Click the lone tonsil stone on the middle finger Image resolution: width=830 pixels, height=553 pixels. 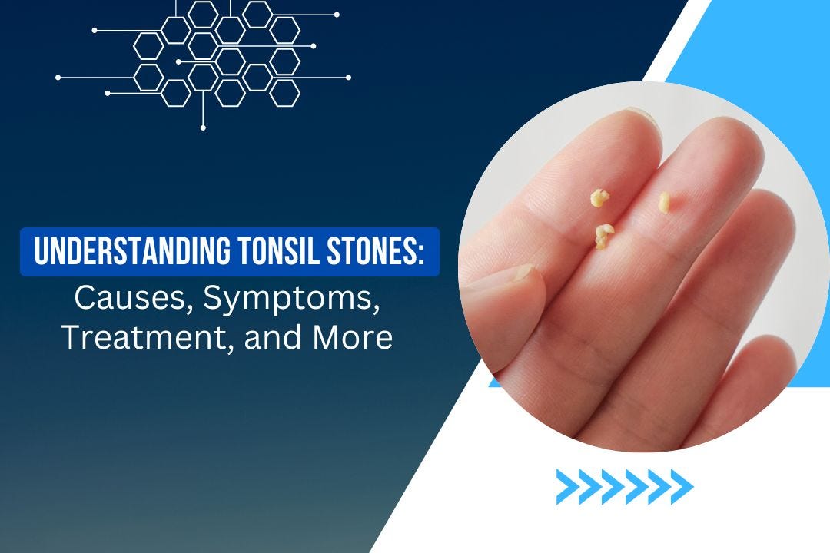click(x=664, y=201)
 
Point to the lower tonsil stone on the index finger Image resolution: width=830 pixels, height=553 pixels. click(x=603, y=235)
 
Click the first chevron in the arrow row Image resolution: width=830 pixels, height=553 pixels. click(x=566, y=486)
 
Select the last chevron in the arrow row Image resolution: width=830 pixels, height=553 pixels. click(x=682, y=486)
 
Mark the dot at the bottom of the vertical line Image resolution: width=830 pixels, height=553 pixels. click(x=203, y=127)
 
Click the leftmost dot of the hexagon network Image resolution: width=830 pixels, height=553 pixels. click(x=58, y=78)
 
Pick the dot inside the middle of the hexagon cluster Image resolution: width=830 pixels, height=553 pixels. click(x=178, y=61)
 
